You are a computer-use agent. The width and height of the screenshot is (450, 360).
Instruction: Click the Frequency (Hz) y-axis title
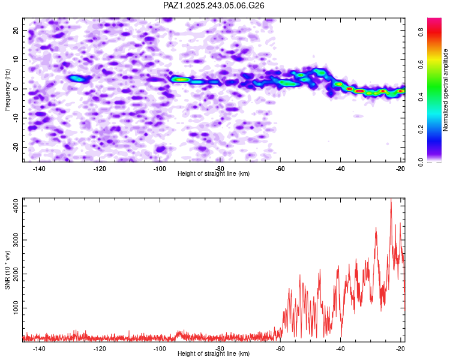[7, 90]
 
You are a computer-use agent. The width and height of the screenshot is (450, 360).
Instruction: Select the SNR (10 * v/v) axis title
[7, 270]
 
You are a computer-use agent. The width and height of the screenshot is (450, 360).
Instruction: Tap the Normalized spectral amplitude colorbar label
[446, 90]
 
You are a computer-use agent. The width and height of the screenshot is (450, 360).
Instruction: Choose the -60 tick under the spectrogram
[280, 169]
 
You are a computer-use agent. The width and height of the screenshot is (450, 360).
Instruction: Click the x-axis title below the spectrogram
[214, 174]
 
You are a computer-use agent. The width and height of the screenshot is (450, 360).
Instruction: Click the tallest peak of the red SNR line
[391, 200]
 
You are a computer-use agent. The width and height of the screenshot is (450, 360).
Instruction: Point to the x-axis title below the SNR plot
[214, 354]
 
